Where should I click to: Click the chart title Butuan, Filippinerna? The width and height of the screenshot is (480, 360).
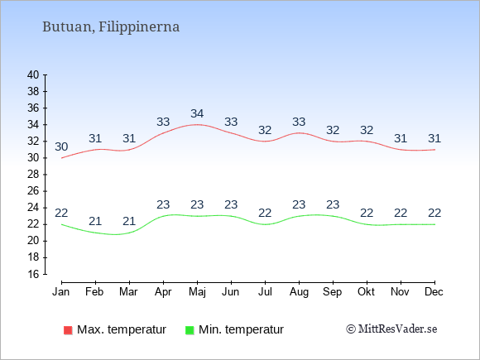[x=111, y=27]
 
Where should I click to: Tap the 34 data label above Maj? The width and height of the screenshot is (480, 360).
[x=197, y=113]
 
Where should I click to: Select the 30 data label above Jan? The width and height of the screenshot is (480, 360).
[x=61, y=146]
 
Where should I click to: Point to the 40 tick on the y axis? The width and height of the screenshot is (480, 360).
[x=33, y=74]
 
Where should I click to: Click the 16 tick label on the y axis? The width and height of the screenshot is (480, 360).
[x=33, y=274]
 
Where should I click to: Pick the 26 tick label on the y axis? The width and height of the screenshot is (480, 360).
[x=33, y=191]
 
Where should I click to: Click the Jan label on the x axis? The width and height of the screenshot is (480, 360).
[x=61, y=292]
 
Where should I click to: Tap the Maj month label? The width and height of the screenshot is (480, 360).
[x=197, y=292]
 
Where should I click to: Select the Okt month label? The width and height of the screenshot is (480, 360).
[x=366, y=292]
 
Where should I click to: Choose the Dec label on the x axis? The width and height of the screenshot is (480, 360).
[x=434, y=292]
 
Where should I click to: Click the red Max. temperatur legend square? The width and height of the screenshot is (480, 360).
[x=68, y=330]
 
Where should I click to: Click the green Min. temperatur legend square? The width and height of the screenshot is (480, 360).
[x=190, y=330]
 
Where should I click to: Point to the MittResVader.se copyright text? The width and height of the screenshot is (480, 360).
[x=391, y=329]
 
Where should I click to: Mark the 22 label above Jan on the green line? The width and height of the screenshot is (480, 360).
[x=61, y=213]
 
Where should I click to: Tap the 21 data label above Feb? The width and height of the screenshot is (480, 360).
[x=95, y=221]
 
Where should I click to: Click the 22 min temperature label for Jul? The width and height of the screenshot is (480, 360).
[x=265, y=213]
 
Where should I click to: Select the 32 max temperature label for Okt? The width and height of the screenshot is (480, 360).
[x=367, y=130]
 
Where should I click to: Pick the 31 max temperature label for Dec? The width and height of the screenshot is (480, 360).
[x=434, y=138]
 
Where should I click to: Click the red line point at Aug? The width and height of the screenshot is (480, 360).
[x=299, y=133]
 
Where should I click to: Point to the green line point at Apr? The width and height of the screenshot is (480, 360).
[x=164, y=216]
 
